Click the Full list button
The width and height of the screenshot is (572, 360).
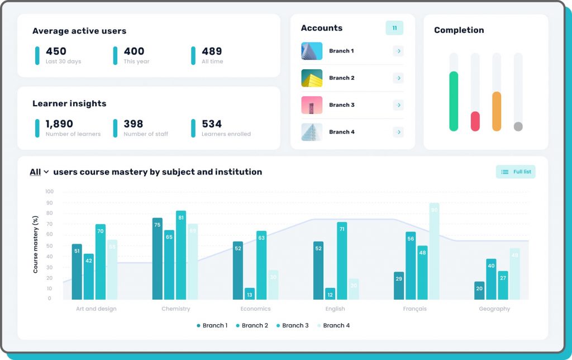coord(516,172)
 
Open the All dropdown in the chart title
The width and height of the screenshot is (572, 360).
coord(39,172)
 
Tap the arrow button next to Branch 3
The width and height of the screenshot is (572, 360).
coord(398,105)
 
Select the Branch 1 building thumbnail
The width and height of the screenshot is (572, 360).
coord(312,51)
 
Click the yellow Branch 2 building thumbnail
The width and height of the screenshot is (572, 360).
coord(312,78)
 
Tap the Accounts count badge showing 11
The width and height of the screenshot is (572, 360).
coord(394,28)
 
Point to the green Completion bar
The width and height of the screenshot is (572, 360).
coord(454,101)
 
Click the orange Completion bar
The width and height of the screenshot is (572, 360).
coord(497,111)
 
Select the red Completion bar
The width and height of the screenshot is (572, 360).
coord(475,121)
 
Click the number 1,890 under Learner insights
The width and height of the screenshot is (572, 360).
coord(59,124)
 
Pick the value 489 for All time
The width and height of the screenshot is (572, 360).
coord(212,51)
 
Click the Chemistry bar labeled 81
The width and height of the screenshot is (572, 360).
coord(181,255)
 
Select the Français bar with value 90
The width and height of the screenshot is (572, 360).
coord(434,251)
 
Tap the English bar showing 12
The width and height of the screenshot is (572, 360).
coord(330,293)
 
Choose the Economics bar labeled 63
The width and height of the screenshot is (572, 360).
coord(261,265)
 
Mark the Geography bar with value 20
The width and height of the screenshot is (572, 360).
coord(479,290)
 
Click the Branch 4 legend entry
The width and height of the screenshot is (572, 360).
coord(333,325)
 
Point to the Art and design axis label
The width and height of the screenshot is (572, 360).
coord(96,309)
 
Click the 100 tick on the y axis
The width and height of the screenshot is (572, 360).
coord(49,192)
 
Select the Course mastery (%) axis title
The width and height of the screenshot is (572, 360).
coord(36,245)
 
